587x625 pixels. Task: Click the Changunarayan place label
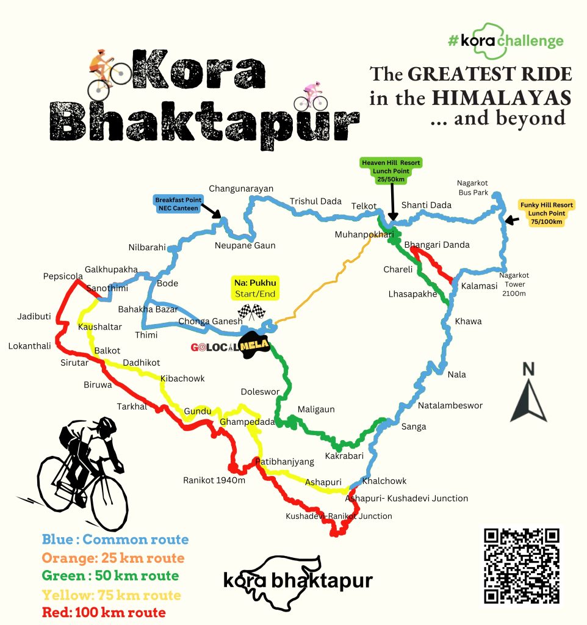click(241, 189)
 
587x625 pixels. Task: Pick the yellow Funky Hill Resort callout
click(546, 214)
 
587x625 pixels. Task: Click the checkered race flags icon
click(253, 312)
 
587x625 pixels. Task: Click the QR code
click(521, 565)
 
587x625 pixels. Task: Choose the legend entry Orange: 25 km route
click(113, 558)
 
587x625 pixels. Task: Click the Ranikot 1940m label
click(214, 480)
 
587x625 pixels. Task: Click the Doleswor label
click(260, 391)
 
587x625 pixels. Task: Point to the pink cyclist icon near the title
click(311, 96)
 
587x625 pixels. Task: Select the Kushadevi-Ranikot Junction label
click(339, 516)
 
